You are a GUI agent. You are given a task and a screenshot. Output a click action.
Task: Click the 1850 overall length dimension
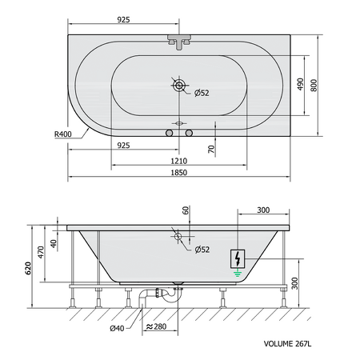179,173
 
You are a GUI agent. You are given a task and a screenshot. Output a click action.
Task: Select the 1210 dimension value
179,161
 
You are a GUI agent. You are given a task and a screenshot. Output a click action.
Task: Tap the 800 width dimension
314,86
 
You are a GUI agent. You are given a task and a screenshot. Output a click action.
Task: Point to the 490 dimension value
300,84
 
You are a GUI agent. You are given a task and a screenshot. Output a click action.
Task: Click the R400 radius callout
63,134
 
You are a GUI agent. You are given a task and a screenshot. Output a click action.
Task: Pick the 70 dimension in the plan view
211,149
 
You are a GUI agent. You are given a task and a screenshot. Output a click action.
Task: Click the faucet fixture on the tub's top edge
179,42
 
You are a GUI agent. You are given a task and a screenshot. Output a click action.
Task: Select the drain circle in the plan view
179,86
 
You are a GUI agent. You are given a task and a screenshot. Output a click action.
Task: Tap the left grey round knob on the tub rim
170,133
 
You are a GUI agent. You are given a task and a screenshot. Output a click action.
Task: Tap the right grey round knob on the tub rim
189,133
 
